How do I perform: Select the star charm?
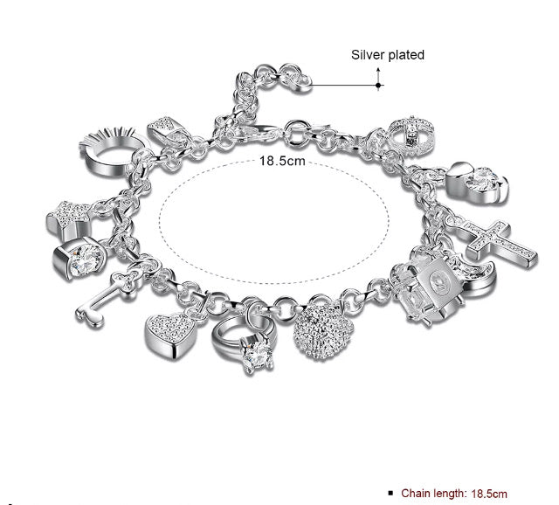pyautogui.click(x=69, y=218)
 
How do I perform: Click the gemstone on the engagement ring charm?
pyautogui.click(x=257, y=356)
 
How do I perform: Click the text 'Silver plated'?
pyautogui.click(x=388, y=55)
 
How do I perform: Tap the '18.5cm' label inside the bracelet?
pyautogui.click(x=282, y=161)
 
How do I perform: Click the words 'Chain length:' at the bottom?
pyautogui.click(x=433, y=494)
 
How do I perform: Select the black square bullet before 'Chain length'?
pyautogui.click(x=390, y=494)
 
